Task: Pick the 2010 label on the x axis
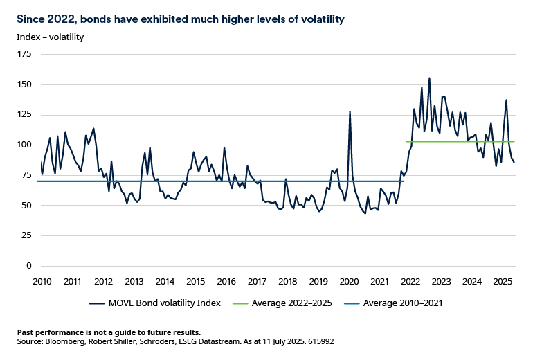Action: point(42,281)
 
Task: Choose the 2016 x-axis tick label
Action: point(226,281)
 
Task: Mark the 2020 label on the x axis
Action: point(349,281)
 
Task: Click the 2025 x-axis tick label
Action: point(503,281)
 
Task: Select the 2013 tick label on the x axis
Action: point(134,281)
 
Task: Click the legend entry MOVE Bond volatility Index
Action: point(162,303)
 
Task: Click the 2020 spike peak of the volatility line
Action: point(350,111)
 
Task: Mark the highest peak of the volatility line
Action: point(429,78)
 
